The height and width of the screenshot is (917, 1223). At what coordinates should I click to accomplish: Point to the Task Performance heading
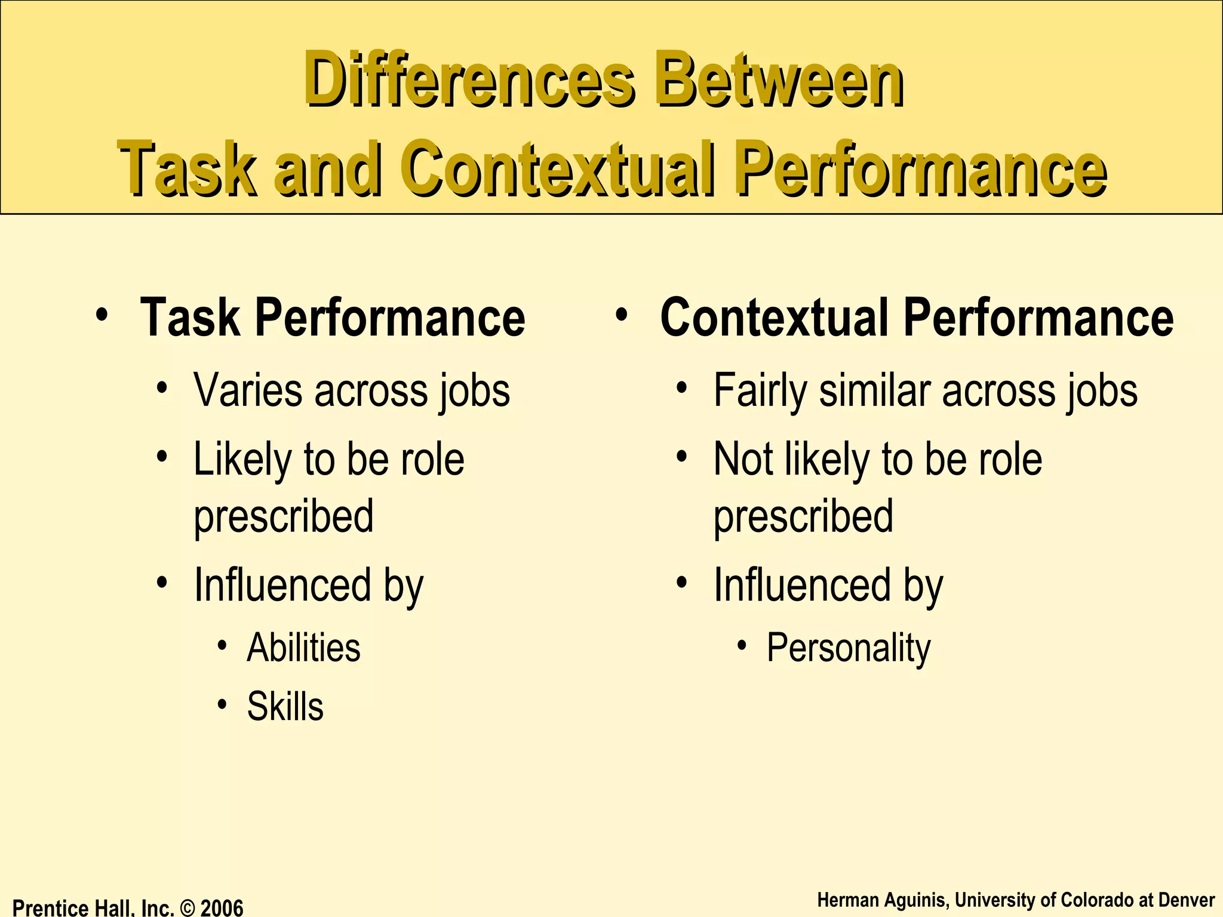[x=332, y=318]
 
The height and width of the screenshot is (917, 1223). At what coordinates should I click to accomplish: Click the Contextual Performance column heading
[x=917, y=318]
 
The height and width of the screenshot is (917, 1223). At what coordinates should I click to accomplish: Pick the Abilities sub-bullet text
[x=303, y=648]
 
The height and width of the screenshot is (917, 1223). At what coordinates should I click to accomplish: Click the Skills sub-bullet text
[x=285, y=707]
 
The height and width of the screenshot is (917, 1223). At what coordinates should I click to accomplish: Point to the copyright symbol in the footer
[x=188, y=908]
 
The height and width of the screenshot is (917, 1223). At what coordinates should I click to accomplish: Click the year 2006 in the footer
[x=222, y=908]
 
